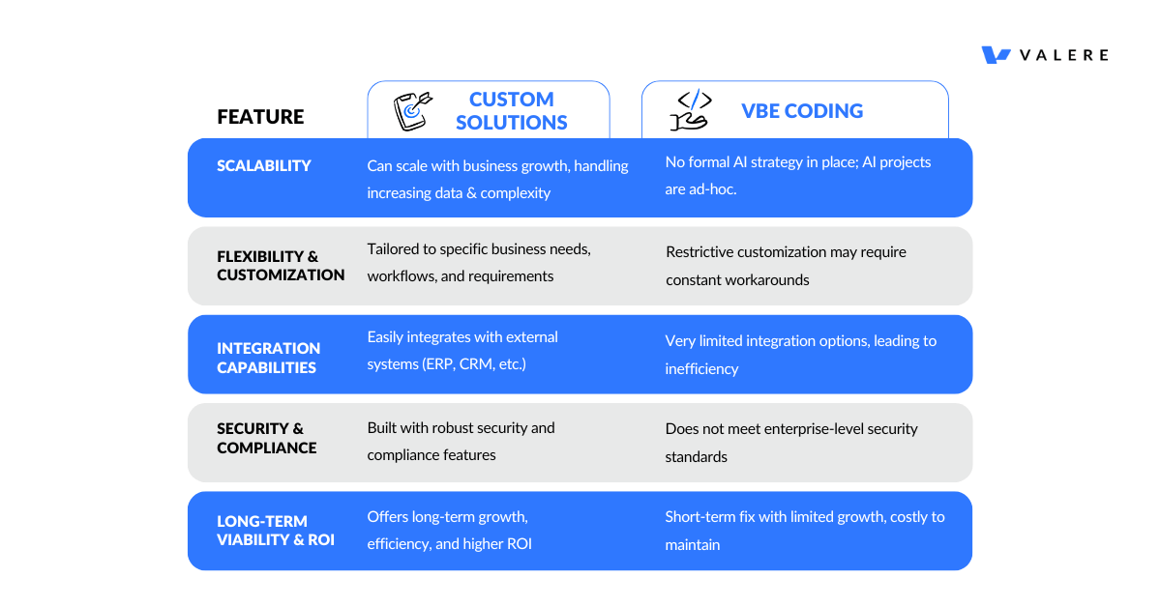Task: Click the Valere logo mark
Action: pos(996,55)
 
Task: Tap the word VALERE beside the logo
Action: pos(1064,55)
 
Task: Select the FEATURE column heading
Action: pos(260,117)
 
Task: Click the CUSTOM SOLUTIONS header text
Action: pos(512,111)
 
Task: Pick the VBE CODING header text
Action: pos(802,111)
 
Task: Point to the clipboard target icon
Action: pos(412,111)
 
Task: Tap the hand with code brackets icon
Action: pos(691,109)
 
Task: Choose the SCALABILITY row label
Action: pos(264,165)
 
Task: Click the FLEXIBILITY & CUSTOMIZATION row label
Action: pos(281,266)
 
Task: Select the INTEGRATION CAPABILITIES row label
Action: pos(269,358)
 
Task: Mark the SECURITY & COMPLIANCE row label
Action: pos(266,438)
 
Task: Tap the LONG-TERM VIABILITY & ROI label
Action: pos(275,531)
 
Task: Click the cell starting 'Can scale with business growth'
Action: pos(497,179)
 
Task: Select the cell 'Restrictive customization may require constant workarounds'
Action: pos(786,266)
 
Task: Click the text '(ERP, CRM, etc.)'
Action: pos(475,364)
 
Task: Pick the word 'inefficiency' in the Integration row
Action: pos(701,369)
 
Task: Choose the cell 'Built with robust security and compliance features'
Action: pos(461,442)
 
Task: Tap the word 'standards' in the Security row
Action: pos(696,457)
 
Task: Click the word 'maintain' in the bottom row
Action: pos(693,545)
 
